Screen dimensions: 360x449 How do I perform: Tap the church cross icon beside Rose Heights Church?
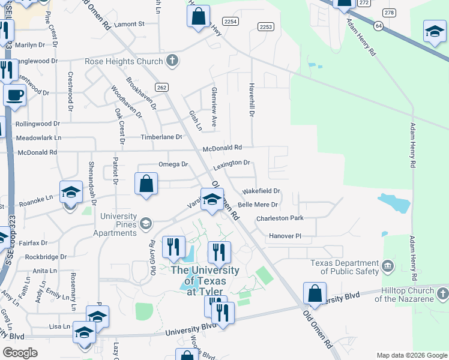172,61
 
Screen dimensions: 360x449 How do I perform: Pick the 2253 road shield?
266,27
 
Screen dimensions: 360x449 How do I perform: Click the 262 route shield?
160,87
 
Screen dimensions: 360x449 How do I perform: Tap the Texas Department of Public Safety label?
345,267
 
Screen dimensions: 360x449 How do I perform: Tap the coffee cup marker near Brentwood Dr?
14,94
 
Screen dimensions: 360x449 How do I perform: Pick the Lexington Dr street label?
231,163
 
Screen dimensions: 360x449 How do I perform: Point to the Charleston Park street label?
280,218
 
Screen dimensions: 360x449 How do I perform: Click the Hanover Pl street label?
285,236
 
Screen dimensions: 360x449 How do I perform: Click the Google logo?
20,353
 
